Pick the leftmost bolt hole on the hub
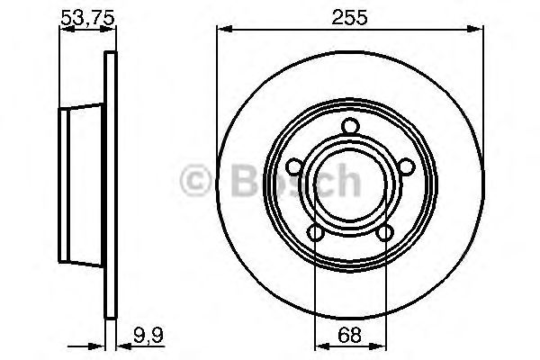pos(293,166)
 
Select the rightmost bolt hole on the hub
pos(407,166)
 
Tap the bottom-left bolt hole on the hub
pos(315,233)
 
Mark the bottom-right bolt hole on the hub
pos(385,233)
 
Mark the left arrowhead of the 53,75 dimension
pos(63,31)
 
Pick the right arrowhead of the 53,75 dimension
pos(113,31)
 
